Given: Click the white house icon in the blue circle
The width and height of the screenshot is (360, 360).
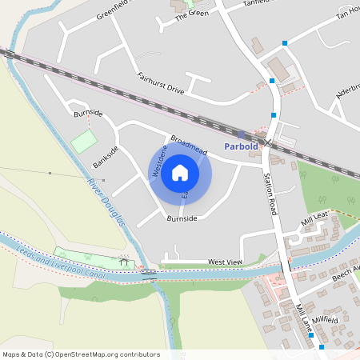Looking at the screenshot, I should click(180, 173).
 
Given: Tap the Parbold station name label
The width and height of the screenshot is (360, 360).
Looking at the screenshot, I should click(241, 147).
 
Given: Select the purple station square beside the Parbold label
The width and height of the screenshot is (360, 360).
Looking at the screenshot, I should click(240, 135).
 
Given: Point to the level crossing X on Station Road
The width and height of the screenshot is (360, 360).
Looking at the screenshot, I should click(270, 143).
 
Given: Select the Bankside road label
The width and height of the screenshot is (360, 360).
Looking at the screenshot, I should click(105, 157).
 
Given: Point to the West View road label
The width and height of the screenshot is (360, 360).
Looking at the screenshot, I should click(224, 262).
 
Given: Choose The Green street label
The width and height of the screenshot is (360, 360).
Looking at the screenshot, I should click(191, 14).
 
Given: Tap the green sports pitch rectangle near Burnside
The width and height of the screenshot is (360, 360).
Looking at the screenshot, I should click(82, 142).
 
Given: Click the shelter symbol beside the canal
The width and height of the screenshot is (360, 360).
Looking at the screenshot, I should click(125, 260).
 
